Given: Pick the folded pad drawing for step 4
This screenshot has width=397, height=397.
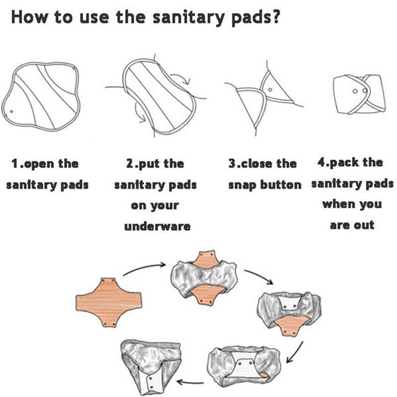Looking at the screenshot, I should click(357, 94).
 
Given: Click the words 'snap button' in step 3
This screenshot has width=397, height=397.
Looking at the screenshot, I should click(265, 185).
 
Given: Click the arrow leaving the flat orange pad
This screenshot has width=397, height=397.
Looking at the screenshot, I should click(144, 268).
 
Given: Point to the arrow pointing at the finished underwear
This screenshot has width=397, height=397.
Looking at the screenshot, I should click(189, 382).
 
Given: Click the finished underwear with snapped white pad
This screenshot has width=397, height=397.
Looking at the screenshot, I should click(149, 362).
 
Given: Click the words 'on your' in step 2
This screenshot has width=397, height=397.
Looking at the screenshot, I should click(154, 205).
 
